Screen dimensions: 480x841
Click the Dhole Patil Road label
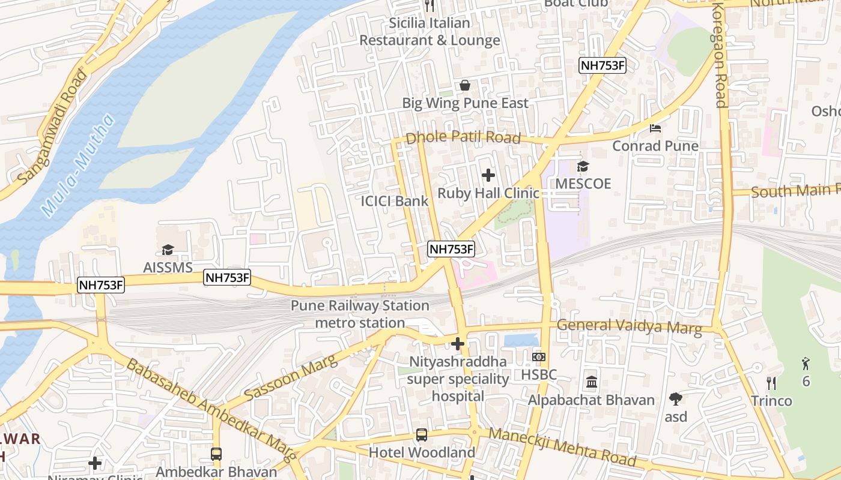click(463, 137)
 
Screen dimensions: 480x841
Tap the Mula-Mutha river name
click(78, 166)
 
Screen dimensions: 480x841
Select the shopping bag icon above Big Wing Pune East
click(464, 85)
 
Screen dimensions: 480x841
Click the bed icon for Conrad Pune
click(655, 128)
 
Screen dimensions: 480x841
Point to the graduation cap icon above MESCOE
click(583, 166)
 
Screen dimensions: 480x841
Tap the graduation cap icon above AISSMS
click(168, 250)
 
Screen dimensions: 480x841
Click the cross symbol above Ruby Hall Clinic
click(488, 175)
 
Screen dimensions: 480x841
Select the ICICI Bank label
click(395, 201)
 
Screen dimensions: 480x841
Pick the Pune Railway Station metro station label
click(360, 314)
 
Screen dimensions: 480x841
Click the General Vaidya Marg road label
click(629, 326)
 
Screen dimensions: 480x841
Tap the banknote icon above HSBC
click(539, 357)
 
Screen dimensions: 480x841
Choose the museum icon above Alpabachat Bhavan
click(591, 382)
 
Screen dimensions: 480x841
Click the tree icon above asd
click(676, 398)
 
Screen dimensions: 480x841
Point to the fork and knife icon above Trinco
click(771, 383)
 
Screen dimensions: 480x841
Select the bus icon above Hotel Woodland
click(422, 435)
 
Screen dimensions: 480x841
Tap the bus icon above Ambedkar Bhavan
click(216, 454)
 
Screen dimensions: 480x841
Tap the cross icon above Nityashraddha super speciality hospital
click(458, 344)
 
